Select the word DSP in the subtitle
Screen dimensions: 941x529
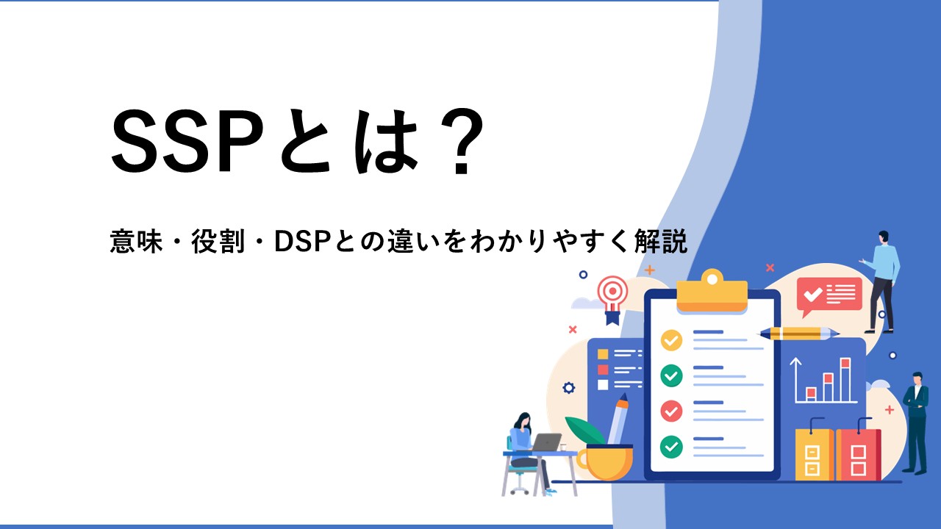[304, 242]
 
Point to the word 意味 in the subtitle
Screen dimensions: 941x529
[136, 242]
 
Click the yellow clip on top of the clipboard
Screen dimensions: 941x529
[712, 290]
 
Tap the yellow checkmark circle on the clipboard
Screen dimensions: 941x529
[671, 340]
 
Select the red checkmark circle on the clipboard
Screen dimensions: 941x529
[671, 411]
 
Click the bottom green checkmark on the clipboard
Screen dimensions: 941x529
[671, 446]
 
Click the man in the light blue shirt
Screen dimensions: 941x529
[883, 281]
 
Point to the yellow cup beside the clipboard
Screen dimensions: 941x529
[605, 462]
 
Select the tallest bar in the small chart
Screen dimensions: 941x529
[845, 380]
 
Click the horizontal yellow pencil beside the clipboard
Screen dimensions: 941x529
[798, 334]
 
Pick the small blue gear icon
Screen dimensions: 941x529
[568, 387]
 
